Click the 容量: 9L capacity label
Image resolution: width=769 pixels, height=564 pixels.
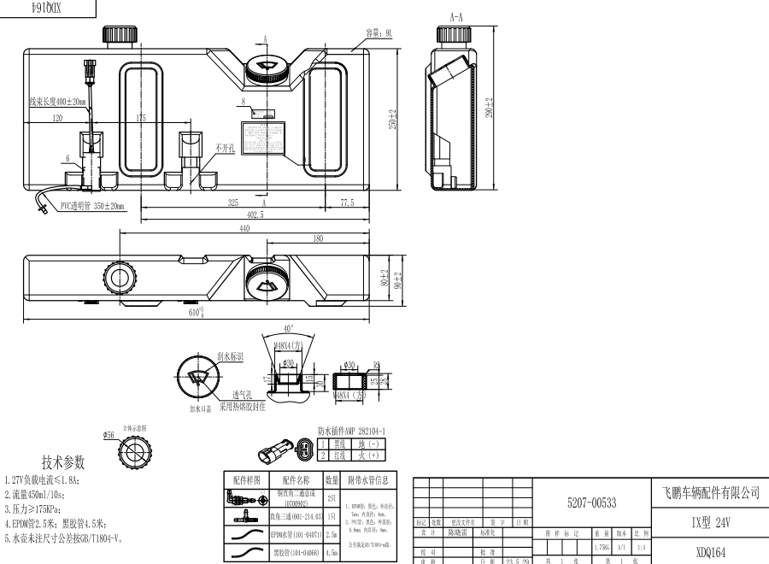pyautogui.click(x=379, y=32)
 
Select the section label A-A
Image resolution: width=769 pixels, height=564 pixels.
pyautogui.click(x=456, y=16)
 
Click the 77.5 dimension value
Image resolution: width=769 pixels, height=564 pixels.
pyautogui.click(x=346, y=203)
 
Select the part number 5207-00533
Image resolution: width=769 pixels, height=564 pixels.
pyautogui.click(x=591, y=504)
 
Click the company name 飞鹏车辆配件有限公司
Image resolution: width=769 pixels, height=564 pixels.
pyautogui.click(x=711, y=493)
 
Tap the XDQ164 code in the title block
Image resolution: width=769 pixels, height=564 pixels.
pyautogui.click(x=710, y=552)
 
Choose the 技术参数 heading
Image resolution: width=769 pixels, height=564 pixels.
pyautogui.click(x=64, y=462)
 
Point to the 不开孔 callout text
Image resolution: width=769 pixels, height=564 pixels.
pyautogui.click(x=225, y=148)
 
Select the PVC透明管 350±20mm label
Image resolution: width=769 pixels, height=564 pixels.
pyautogui.click(x=92, y=206)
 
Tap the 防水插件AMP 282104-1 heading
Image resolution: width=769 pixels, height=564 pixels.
pyautogui.click(x=351, y=432)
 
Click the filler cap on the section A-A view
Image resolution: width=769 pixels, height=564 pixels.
pyautogui.click(x=450, y=34)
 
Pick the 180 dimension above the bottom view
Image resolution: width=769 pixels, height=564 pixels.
pyautogui.click(x=318, y=239)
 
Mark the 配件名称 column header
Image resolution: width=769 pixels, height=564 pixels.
pyautogui.click(x=291, y=480)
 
